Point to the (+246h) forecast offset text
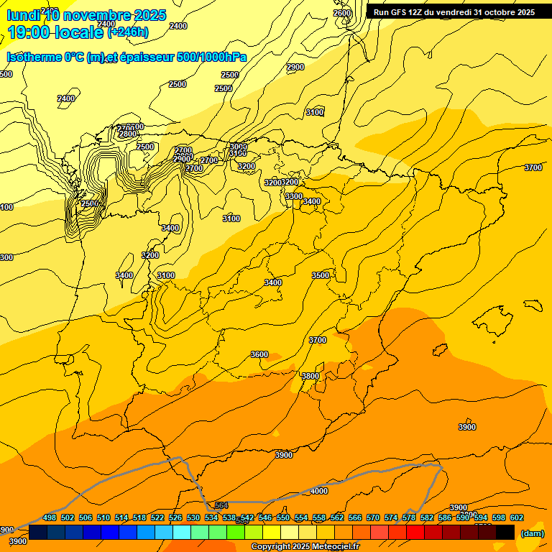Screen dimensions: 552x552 128,32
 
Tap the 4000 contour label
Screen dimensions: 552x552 318,491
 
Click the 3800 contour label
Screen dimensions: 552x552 310,376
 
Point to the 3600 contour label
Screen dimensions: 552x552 259,354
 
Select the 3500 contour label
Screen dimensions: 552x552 321,275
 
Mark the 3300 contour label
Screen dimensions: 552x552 294,196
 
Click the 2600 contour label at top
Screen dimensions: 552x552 343,13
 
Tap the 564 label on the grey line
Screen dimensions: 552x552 221,505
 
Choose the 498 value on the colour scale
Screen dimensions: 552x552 50,517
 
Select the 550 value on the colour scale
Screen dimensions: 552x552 283,517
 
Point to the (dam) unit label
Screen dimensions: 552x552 532,533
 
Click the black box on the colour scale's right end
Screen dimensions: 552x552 505,532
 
